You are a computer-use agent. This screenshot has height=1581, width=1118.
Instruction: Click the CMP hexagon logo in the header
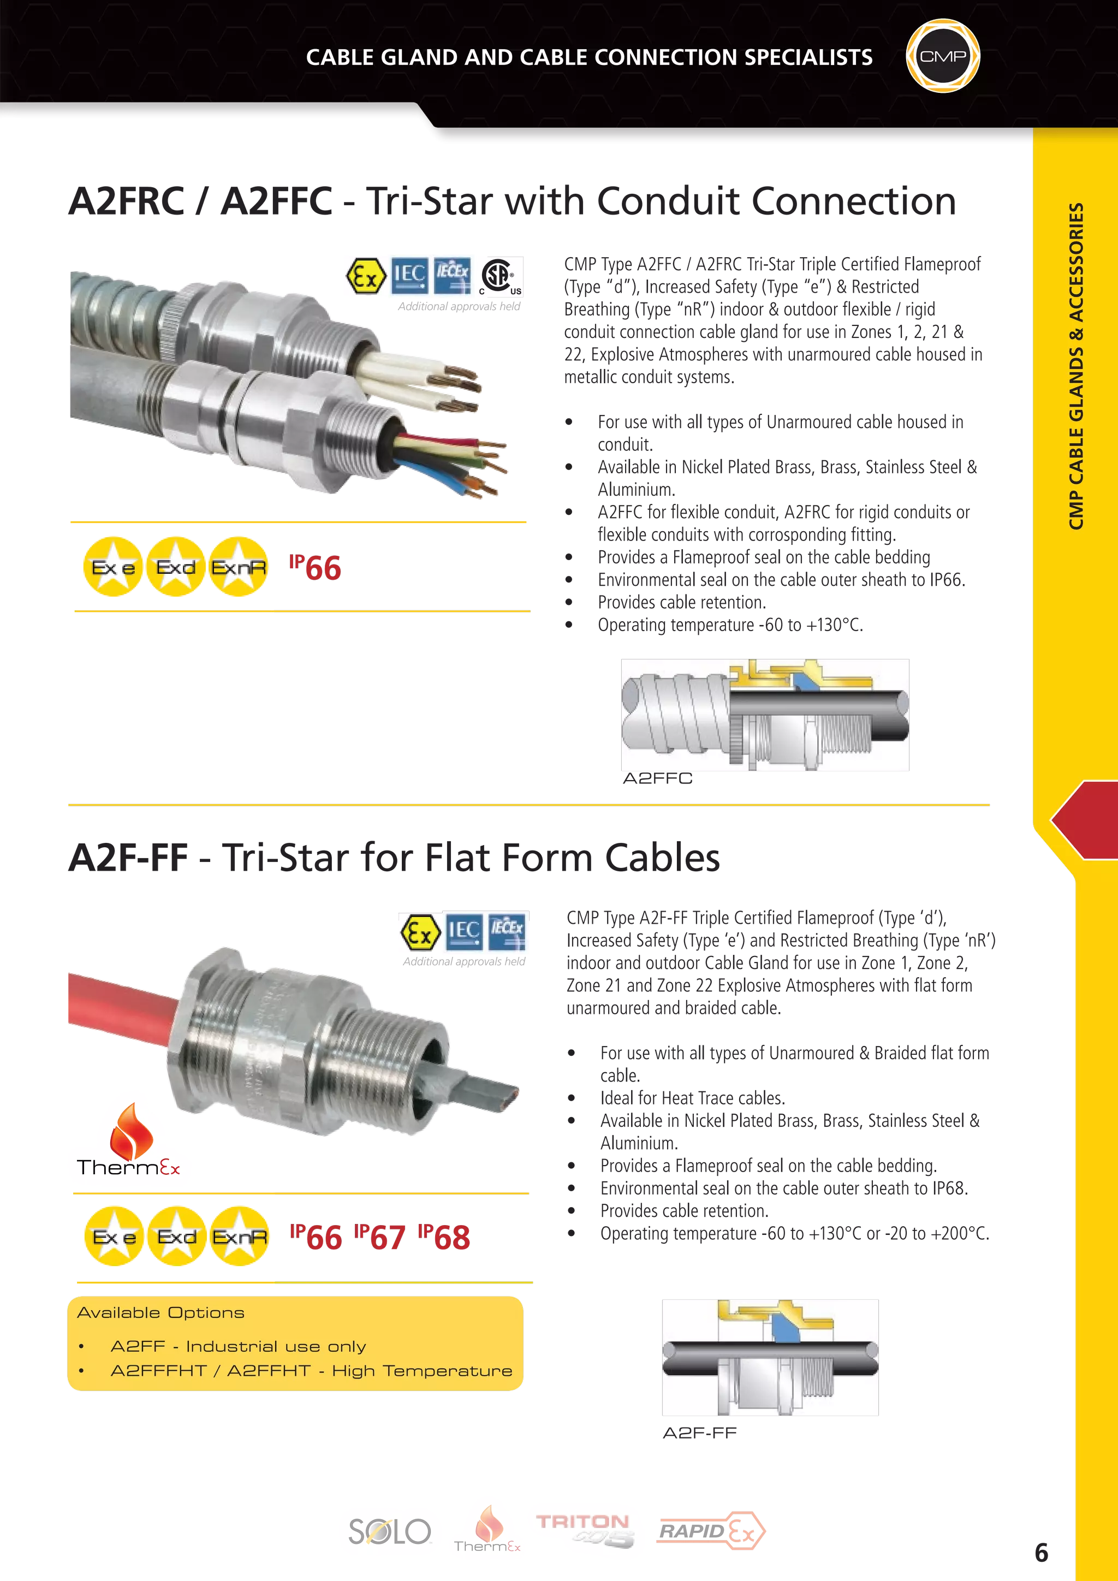(x=942, y=56)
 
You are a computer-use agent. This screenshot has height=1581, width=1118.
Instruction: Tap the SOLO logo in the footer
(x=390, y=1532)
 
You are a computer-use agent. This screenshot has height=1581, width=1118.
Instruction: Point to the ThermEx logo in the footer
(x=488, y=1530)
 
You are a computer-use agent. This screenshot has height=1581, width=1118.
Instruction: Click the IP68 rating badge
(x=445, y=1238)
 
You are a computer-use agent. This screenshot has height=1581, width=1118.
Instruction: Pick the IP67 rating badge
(x=380, y=1238)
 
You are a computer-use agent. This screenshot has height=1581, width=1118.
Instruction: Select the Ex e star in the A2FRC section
(x=113, y=567)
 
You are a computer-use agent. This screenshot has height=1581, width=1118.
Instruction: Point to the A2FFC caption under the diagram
(x=657, y=780)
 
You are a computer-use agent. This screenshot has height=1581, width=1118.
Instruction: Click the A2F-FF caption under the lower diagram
(x=699, y=1434)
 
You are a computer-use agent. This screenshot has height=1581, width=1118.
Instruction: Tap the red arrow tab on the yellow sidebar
(x=1084, y=820)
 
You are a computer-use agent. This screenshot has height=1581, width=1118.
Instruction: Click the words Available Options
(x=160, y=1312)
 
